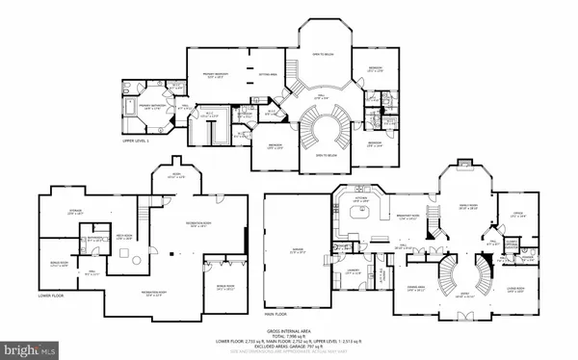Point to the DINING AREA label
click(416, 287)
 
